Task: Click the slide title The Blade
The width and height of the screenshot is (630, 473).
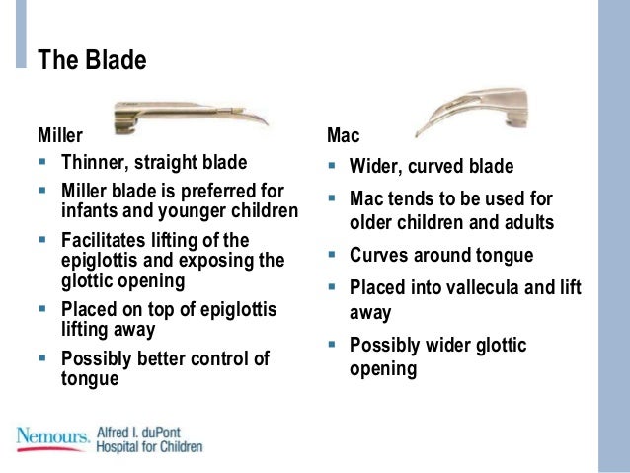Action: pos(92,60)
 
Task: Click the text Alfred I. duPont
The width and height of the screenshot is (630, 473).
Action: pos(143,432)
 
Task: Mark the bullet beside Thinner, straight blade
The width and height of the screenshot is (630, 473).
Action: pos(42,161)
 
